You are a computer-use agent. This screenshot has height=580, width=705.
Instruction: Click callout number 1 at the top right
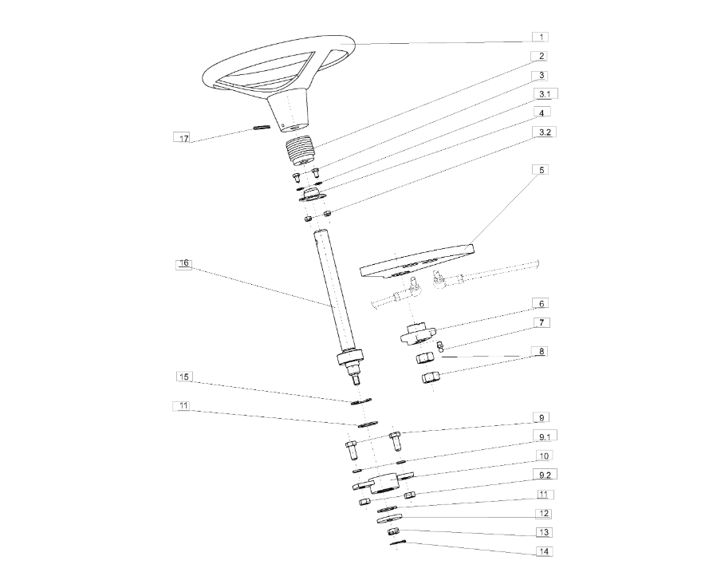[541, 37]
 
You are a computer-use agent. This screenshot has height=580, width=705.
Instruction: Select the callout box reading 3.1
[545, 94]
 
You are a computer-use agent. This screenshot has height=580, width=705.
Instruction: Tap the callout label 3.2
[545, 132]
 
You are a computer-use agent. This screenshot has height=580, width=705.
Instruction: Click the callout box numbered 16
[183, 264]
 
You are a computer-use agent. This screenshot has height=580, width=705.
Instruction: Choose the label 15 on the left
[184, 377]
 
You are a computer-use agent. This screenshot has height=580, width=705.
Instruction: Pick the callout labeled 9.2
[545, 475]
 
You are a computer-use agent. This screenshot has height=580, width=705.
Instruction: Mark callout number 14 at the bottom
[544, 551]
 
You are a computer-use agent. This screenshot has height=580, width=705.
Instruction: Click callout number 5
[542, 170]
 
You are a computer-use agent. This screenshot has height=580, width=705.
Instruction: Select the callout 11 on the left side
[183, 406]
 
